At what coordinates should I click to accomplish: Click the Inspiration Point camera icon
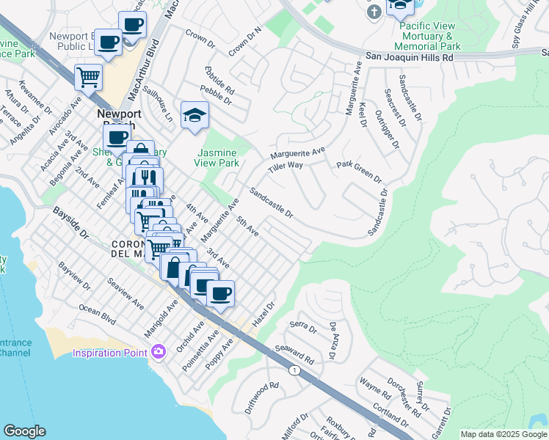(158, 353)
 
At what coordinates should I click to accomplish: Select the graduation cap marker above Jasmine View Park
(194, 115)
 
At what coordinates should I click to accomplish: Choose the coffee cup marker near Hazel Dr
(220, 294)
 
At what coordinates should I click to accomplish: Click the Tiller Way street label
(286, 166)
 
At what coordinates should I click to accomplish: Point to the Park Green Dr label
(359, 172)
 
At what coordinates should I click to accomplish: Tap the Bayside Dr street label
(70, 223)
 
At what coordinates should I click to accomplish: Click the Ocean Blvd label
(98, 314)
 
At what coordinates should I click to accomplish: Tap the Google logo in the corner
(24, 431)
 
